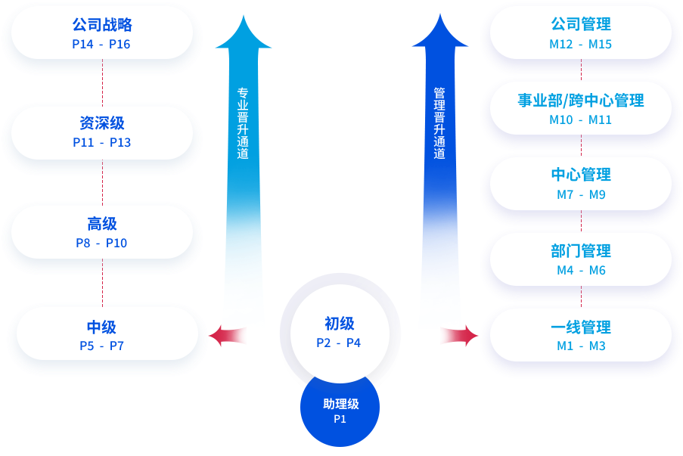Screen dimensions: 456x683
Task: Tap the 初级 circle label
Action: pos(339,324)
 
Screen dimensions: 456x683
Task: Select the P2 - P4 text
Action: pos(339,343)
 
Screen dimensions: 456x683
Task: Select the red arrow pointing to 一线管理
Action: pos(458,335)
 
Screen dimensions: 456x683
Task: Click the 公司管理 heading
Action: pos(581,25)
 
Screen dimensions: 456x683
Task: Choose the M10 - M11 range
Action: pos(581,119)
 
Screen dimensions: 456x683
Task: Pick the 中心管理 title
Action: pos(581,175)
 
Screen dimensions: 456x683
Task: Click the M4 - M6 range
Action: pos(581,270)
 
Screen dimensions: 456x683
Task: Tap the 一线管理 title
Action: pos(581,327)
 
